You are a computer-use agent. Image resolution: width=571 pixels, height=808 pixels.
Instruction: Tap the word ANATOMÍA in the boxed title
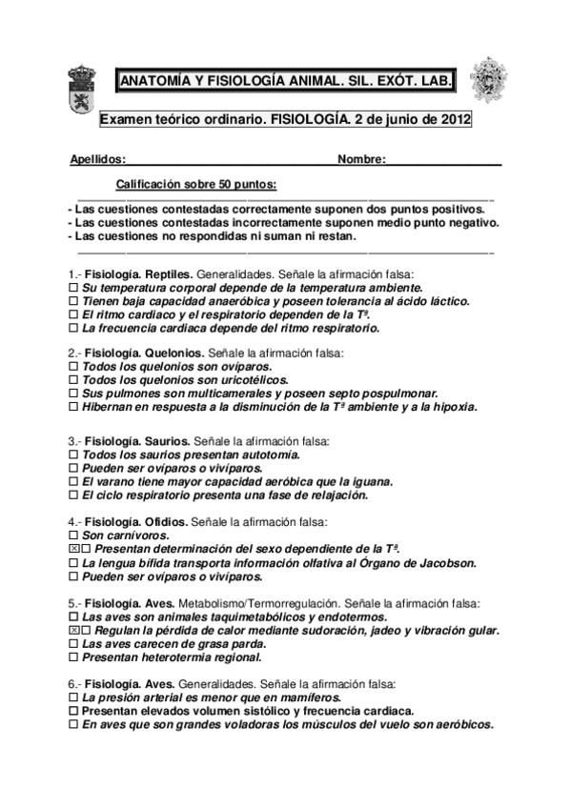click(x=154, y=82)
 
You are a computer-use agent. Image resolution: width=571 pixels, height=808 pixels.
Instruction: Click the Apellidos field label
click(x=97, y=159)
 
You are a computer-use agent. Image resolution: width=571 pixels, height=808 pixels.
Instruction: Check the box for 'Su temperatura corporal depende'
click(x=73, y=287)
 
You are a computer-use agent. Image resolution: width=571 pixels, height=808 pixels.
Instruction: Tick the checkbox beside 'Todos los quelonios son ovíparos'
click(x=73, y=366)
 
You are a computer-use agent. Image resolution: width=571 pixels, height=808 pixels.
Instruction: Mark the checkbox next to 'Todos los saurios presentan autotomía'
click(x=73, y=455)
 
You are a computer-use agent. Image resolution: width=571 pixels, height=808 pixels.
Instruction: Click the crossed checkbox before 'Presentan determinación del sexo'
click(x=74, y=550)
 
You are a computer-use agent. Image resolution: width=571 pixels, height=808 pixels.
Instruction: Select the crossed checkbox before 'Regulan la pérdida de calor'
click(x=74, y=631)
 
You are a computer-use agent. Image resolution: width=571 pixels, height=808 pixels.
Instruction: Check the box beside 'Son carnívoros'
click(x=73, y=536)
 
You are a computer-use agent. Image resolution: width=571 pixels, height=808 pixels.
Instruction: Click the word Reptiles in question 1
click(x=172, y=273)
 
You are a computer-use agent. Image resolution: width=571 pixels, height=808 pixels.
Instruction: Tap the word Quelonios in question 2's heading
click(x=174, y=353)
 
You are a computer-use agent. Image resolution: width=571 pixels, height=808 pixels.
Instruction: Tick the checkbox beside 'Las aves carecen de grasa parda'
click(x=73, y=644)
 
